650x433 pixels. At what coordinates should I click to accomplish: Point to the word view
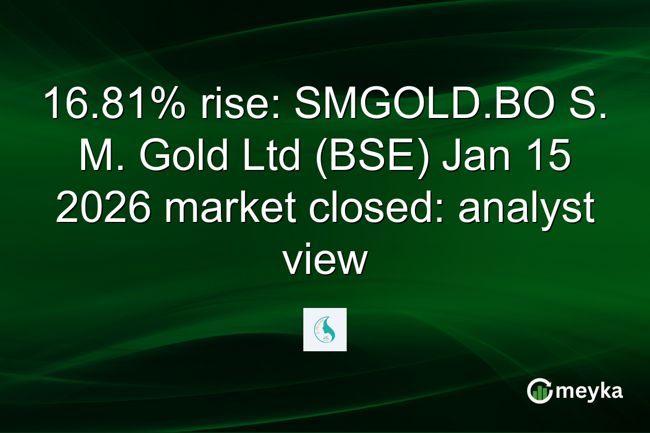(x=325, y=263)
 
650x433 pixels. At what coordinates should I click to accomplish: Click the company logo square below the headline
(x=325, y=330)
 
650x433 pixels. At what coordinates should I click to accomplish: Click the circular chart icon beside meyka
(x=539, y=391)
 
